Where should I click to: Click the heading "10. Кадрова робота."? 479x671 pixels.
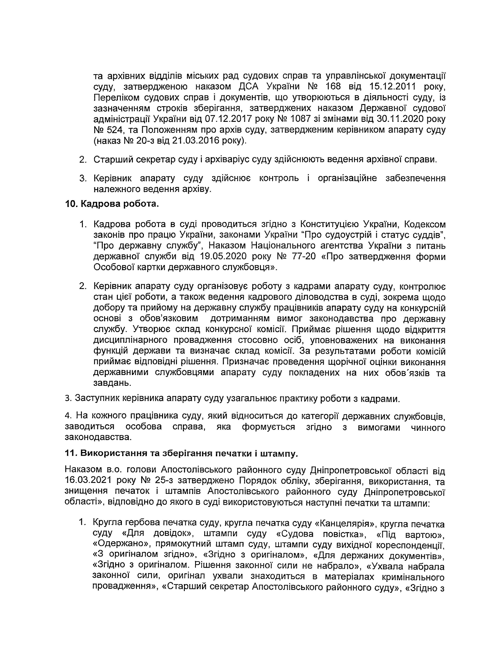click(x=112, y=204)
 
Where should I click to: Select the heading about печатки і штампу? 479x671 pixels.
click(x=181, y=453)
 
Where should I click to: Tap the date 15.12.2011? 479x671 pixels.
click(x=393, y=86)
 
